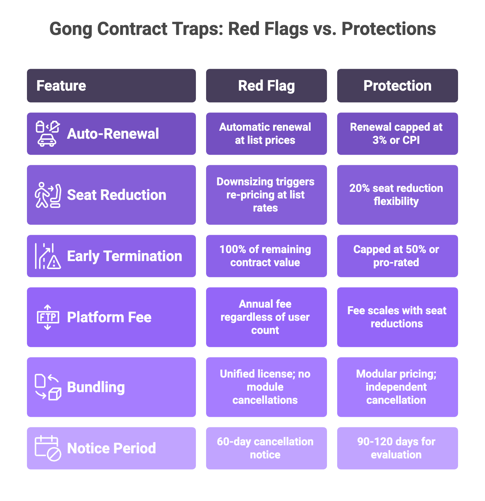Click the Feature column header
click(x=111, y=86)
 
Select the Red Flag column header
click(x=266, y=86)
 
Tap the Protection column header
click(x=397, y=86)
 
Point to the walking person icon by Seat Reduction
click(x=42, y=195)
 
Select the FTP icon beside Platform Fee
click(x=48, y=317)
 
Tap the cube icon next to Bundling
click(x=55, y=394)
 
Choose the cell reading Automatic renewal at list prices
click(x=266, y=134)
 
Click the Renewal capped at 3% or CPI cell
click(x=397, y=134)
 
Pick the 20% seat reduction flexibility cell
click(x=397, y=195)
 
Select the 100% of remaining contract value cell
click(x=266, y=256)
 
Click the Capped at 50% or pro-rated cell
click(x=397, y=256)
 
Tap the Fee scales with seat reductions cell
click(x=397, y=317)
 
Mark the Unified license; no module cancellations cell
click(x=266, y=387)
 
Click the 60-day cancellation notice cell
click(x=266, y=448)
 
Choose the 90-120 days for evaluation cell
click(x=397, y=448)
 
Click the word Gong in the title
click(x=71, y=29)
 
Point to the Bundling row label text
click(x=96, y=387)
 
